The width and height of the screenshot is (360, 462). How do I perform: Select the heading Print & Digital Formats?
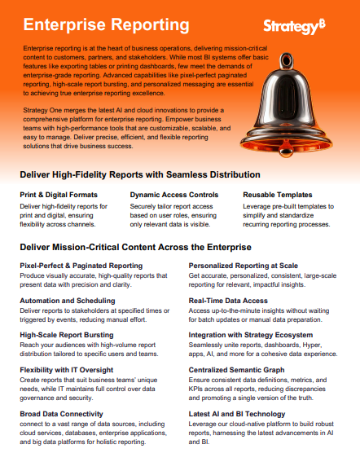[59, 195]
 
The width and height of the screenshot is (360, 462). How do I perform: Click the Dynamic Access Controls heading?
[174, 195]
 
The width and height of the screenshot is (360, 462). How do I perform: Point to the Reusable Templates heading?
[277, 195]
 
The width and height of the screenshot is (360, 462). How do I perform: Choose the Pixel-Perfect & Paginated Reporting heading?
[81, 266]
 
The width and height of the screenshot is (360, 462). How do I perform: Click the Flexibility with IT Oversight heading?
[72, 369]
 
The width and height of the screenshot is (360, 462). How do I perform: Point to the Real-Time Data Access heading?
[228, 300]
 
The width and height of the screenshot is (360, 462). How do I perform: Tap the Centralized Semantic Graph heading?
[238, 369]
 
